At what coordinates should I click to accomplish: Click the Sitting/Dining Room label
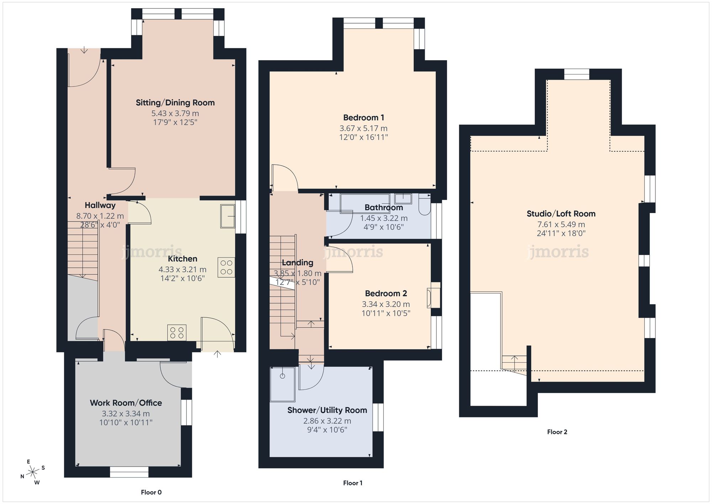tap(175, 103)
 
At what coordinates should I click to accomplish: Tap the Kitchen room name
tap(182, 259)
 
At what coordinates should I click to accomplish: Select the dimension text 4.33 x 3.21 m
tap(182, 270)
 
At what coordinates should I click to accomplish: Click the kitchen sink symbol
tap(227, 216)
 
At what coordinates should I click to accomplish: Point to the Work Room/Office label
tap(126, 403)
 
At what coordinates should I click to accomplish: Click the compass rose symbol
tap(33, 472)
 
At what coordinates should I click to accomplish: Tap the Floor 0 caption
tap(151, 492)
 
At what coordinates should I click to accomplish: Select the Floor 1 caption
tap(352, 483)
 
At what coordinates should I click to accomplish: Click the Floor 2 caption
tap(557, 432)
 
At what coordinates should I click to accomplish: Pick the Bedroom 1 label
tap(363, 118)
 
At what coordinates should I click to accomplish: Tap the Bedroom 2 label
tap(386, 293)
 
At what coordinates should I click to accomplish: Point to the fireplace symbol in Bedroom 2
tap(433, 295)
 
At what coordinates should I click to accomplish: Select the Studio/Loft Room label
tap(561, 214)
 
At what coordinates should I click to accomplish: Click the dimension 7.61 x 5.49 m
tap(561, 224)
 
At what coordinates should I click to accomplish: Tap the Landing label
tap(297, 263)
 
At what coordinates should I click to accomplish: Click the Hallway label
tap(100, 206)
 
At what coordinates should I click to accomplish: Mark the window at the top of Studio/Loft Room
tap(576, 74)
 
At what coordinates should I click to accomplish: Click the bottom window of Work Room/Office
tap(129, 472)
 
